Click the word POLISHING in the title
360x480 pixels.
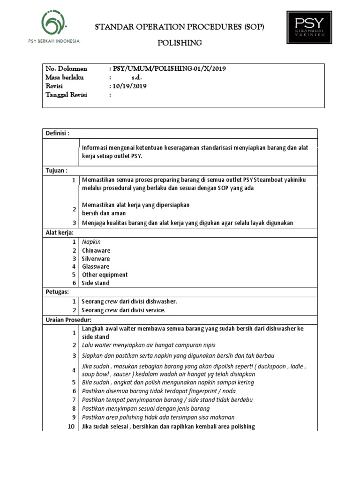pyautogui.click(x=180, y=43)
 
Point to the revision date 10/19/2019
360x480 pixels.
pyautogui.click(x=129, y=86)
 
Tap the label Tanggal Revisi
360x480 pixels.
pyautogui.click(x=66, y=95)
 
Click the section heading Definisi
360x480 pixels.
pyautogui.click(x=57, y=133)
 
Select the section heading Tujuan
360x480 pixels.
pyautogui.click(x=56, y=170)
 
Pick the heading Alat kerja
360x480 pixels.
pyautogui.click(x=60, y=232)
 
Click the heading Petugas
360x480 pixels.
pyautogui.click(x=57, y=292)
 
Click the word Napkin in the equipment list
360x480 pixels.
pyautogui.click(x=91, y=242)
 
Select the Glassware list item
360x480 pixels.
pyautogui.click(x=96, y=267)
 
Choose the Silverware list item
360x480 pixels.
pyautogui.click(x=96, y=259)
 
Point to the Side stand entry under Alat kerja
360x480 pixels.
pyautogui.click(x=96, y=283)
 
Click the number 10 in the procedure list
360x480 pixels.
pyautogui.click(x=71, y=427)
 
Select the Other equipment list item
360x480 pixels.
pyautogui.click(x=105, y=275)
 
